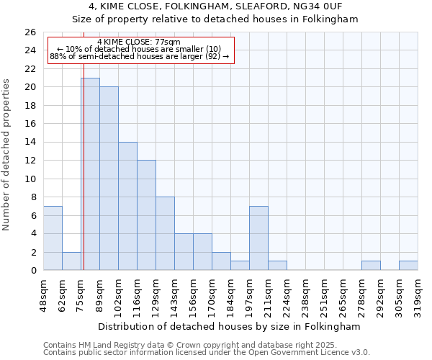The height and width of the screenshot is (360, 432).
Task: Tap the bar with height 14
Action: [127, 206]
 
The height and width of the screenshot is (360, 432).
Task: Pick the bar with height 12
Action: [146, 215]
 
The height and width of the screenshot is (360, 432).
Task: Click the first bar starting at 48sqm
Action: [53, 238]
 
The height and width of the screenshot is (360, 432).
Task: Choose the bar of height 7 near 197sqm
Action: [258, 238]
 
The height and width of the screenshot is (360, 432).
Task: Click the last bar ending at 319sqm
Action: [408, 266]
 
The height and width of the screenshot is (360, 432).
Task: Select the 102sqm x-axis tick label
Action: [119, 294]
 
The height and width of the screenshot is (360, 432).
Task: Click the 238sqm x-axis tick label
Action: [306, 294]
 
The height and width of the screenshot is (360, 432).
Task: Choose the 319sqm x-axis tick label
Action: [418, 294]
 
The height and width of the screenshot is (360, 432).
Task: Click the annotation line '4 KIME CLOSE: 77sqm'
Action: [139, 42]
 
